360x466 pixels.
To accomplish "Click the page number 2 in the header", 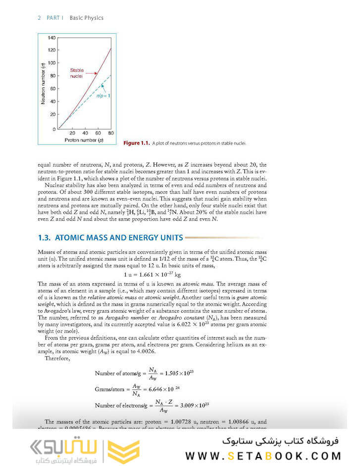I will coord(39,18).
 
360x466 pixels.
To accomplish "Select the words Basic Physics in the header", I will coord(87,18).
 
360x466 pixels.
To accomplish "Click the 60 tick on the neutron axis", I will coord(53,89).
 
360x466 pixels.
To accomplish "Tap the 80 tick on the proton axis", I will coord(110,134).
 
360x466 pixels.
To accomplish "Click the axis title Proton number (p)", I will coord(84,140).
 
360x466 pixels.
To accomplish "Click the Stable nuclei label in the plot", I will coord(77,73).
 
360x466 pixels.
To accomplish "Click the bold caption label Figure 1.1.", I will coord(136,143).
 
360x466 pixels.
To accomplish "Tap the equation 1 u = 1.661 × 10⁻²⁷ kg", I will coord(152,275).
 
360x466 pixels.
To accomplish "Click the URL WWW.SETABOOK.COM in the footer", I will coord(262,455).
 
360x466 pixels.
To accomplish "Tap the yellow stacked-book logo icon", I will coord(124,448).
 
